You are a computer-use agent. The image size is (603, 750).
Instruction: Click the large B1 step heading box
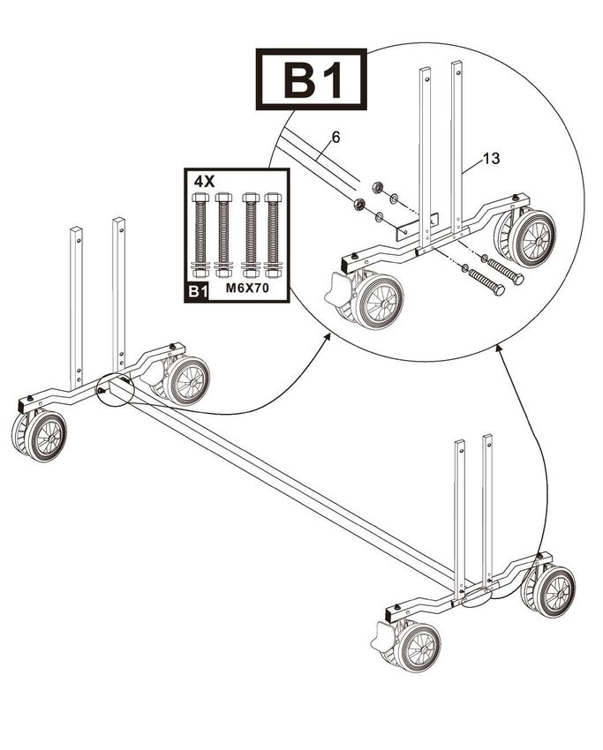click(x=311, y=80)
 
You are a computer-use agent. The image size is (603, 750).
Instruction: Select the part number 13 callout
click(x=491, y=159)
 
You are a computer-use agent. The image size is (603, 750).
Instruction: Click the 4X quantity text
click(x=204, y=180)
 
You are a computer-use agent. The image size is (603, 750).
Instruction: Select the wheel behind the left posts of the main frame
click(x=185, y=380)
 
